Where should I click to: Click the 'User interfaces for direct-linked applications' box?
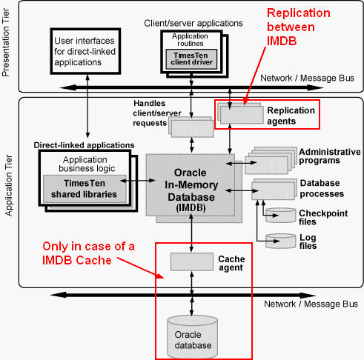click(85, 51)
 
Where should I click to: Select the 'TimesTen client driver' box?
click(191, 59)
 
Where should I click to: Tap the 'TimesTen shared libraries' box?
click(85, 189)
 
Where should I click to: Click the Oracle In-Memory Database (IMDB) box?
click(191, 185)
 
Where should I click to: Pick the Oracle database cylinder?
click(192, 337)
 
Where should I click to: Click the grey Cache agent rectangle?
click(192, 261)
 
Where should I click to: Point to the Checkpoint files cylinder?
click(280, 216)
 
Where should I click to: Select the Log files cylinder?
click(280, 241)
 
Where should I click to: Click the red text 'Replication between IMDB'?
click(299, 27)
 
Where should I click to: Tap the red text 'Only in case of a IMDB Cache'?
click(88, 253)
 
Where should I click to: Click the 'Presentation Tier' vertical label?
click(5, 42)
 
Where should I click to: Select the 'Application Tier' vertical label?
click(9, 185)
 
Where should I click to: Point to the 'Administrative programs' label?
click(330, 156)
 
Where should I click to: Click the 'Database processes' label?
click(322, 188)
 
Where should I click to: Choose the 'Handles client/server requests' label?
click(157, 113)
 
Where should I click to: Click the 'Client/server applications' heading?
click(193, 24)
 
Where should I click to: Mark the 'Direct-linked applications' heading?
click(84, 145)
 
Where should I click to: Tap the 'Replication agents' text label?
click(291, 116)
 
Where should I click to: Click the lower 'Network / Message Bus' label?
click(311, 304)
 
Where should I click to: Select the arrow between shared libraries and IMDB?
click(137, 181)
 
